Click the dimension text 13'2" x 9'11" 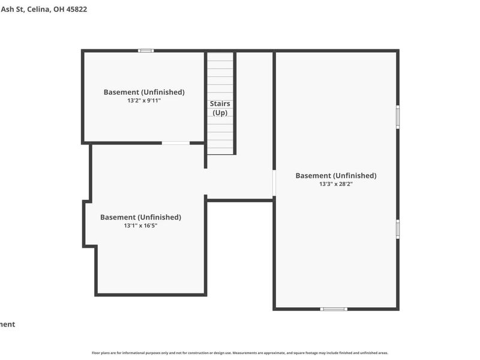144,101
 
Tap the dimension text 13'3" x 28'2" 336,184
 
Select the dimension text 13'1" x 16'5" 140,226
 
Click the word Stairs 220,104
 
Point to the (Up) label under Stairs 220,113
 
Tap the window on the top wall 146,51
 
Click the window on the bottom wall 334,309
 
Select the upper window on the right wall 398,117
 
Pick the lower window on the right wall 398,229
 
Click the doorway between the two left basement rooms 176,143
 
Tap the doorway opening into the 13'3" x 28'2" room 274,184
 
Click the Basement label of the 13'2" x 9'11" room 144,92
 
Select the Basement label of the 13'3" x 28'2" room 336,175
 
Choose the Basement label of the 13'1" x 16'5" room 140,217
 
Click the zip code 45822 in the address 76,10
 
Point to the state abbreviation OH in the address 59,10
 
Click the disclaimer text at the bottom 240,353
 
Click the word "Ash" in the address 7,10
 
